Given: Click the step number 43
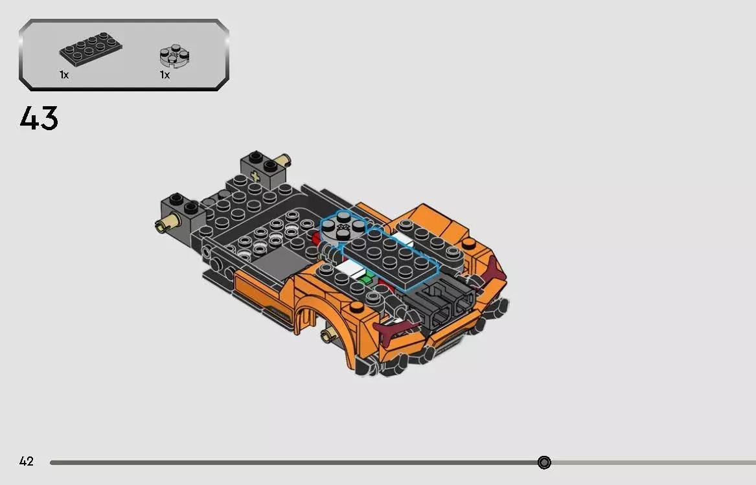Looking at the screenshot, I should click(x=39, y=118).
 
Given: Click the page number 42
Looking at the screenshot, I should click(x=26, y=462).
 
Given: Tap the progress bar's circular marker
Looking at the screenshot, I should click(x=544, y=462).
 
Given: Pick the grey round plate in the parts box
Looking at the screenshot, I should click(x=174, y=55).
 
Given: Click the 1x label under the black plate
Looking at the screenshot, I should click(x=64, y=75).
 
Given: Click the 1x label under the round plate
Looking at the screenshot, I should click(x=165, y=75).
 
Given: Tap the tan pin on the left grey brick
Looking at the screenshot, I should click(x=162, y=225).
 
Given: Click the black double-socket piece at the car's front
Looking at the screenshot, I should click(x=444, y=304).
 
